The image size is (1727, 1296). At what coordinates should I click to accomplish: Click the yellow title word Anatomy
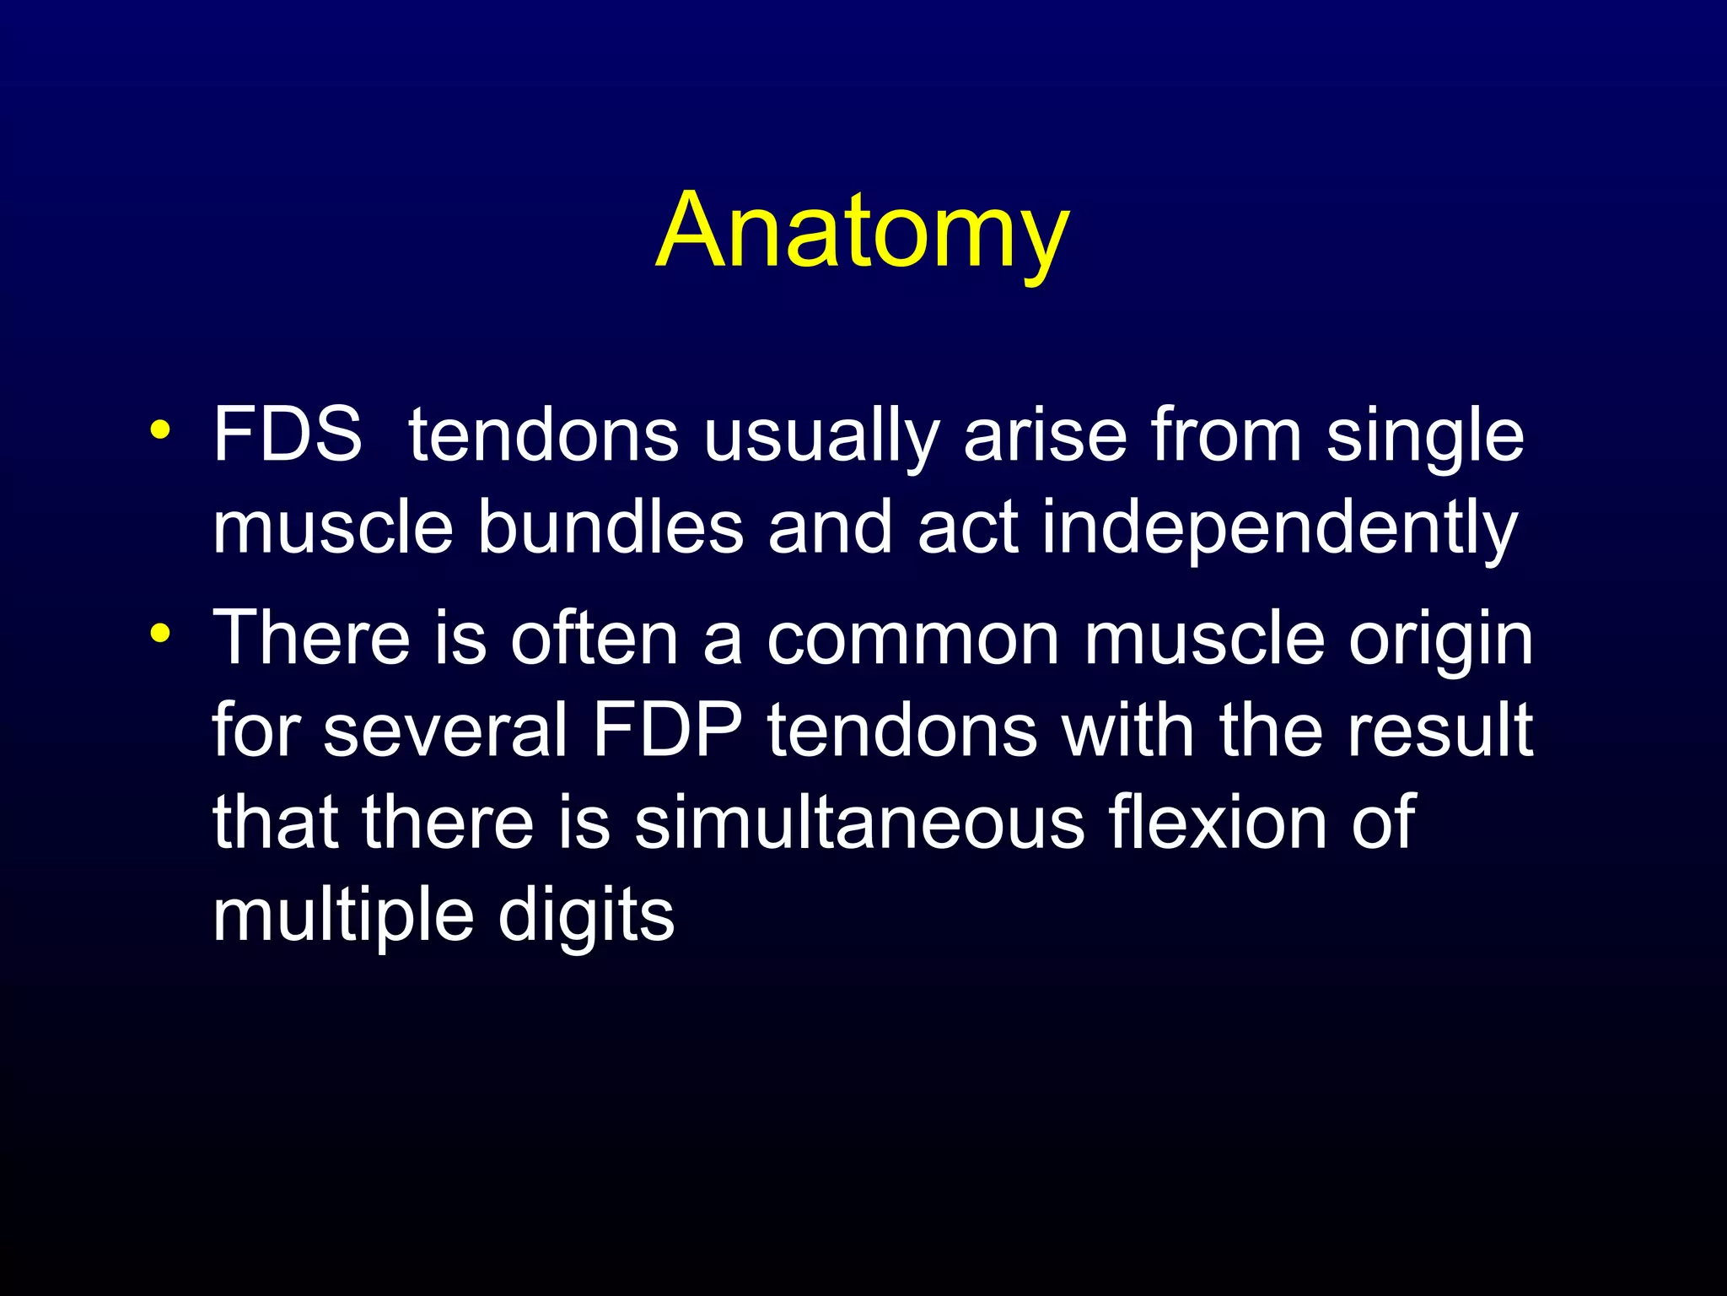coord(862,231)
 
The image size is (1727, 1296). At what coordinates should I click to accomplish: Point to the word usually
coord(821,439)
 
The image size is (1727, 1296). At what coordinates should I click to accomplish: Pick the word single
coord(1425,439)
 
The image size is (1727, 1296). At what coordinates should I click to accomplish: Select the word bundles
coord(611,527)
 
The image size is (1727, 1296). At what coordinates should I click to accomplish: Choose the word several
coord(445,731)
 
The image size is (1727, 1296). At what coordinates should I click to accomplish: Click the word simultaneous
coord(859,823)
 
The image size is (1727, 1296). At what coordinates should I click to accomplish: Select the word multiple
coord(343,920)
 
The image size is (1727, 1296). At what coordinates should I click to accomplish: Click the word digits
coord(586,920)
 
